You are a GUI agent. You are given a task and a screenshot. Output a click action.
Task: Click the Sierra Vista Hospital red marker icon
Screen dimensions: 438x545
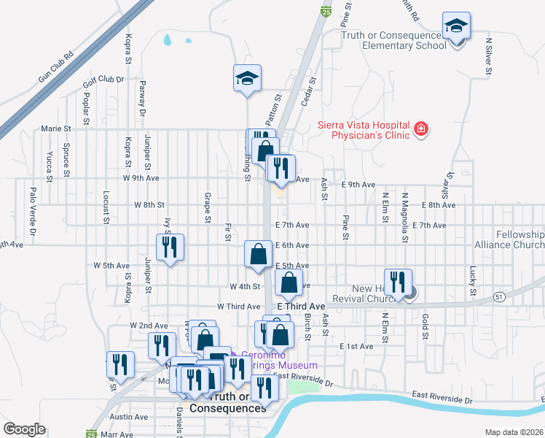pyautogui.click(x=420, y=130)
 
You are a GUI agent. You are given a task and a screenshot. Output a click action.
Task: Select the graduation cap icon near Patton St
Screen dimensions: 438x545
pyautogui.click(x=247, y=78)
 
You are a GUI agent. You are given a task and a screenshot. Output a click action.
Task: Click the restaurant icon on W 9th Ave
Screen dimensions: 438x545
pyautogui.click(x=279, y=168)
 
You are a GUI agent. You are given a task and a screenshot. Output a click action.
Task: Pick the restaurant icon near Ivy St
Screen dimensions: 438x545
pyautogui.click(x=169, y=247)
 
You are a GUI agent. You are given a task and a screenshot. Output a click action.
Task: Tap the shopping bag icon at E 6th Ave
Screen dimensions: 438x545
pyautogui.click(x=258, y=255)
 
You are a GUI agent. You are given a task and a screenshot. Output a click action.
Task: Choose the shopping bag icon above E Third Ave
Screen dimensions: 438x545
pyautogui.click(x=289, y=283)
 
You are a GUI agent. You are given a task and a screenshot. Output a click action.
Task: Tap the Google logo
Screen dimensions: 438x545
pyautogui.click(x=24, y=429)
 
